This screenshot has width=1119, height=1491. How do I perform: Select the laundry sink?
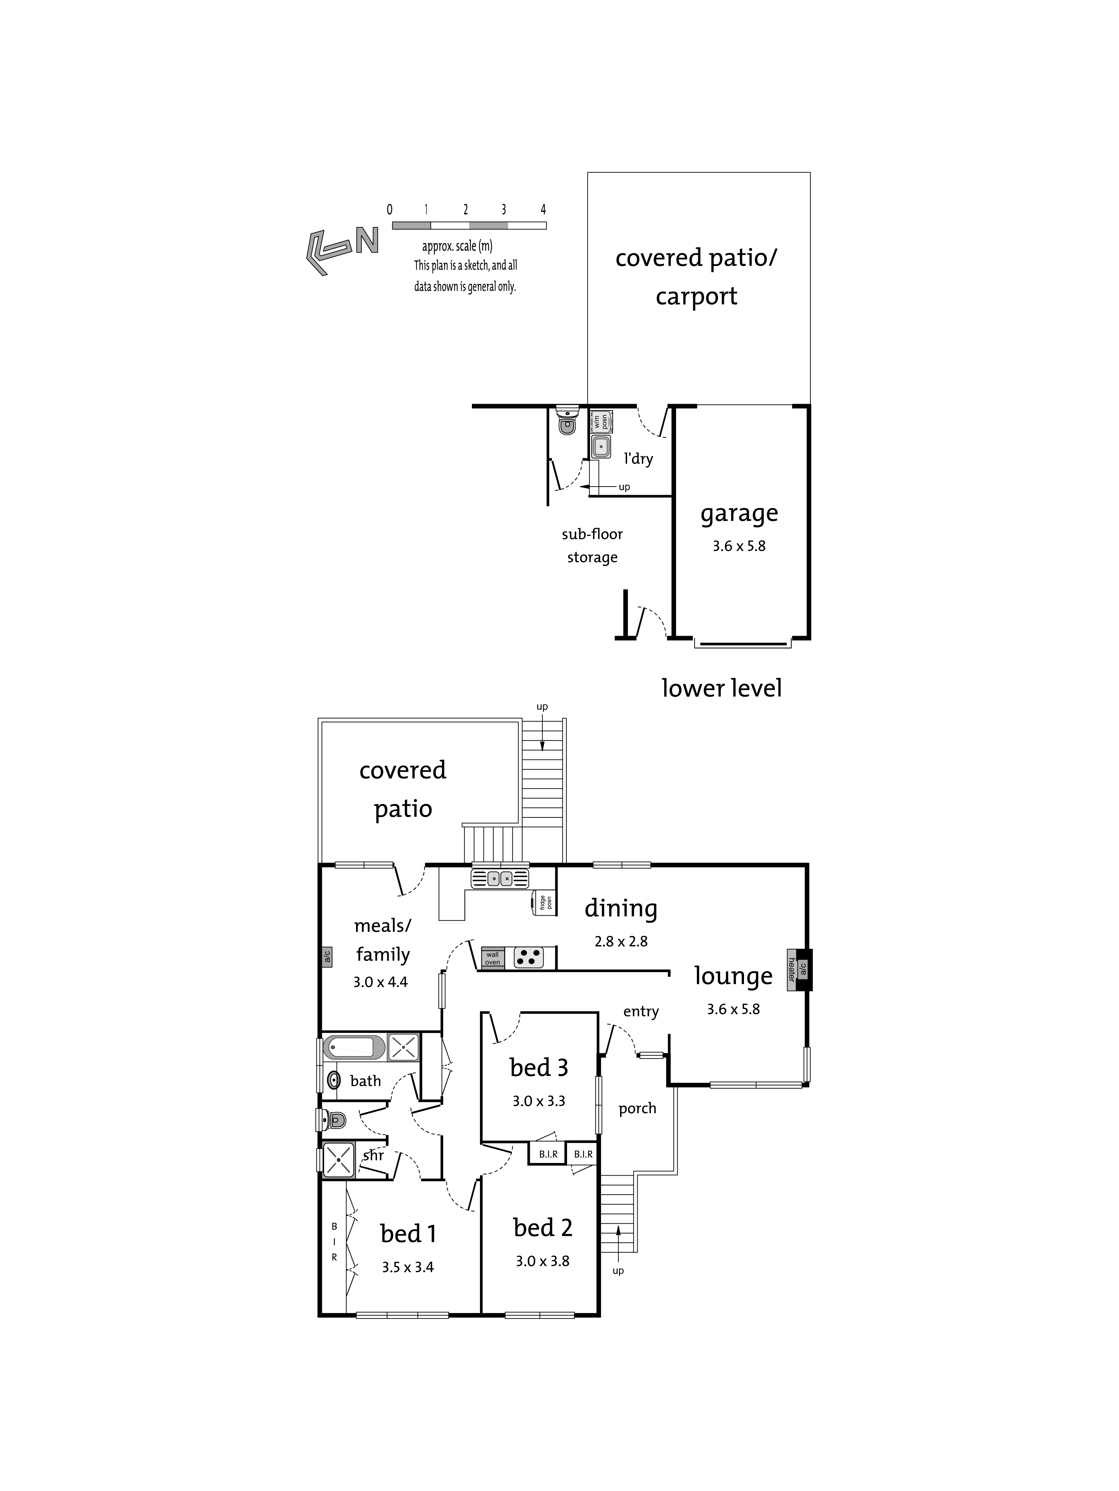click(600, 446)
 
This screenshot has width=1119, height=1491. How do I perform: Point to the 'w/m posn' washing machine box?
click(600, 422)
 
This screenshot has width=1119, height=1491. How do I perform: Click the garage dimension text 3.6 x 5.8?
click(739, 546)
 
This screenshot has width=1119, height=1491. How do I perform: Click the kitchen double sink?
click(500, 878)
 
